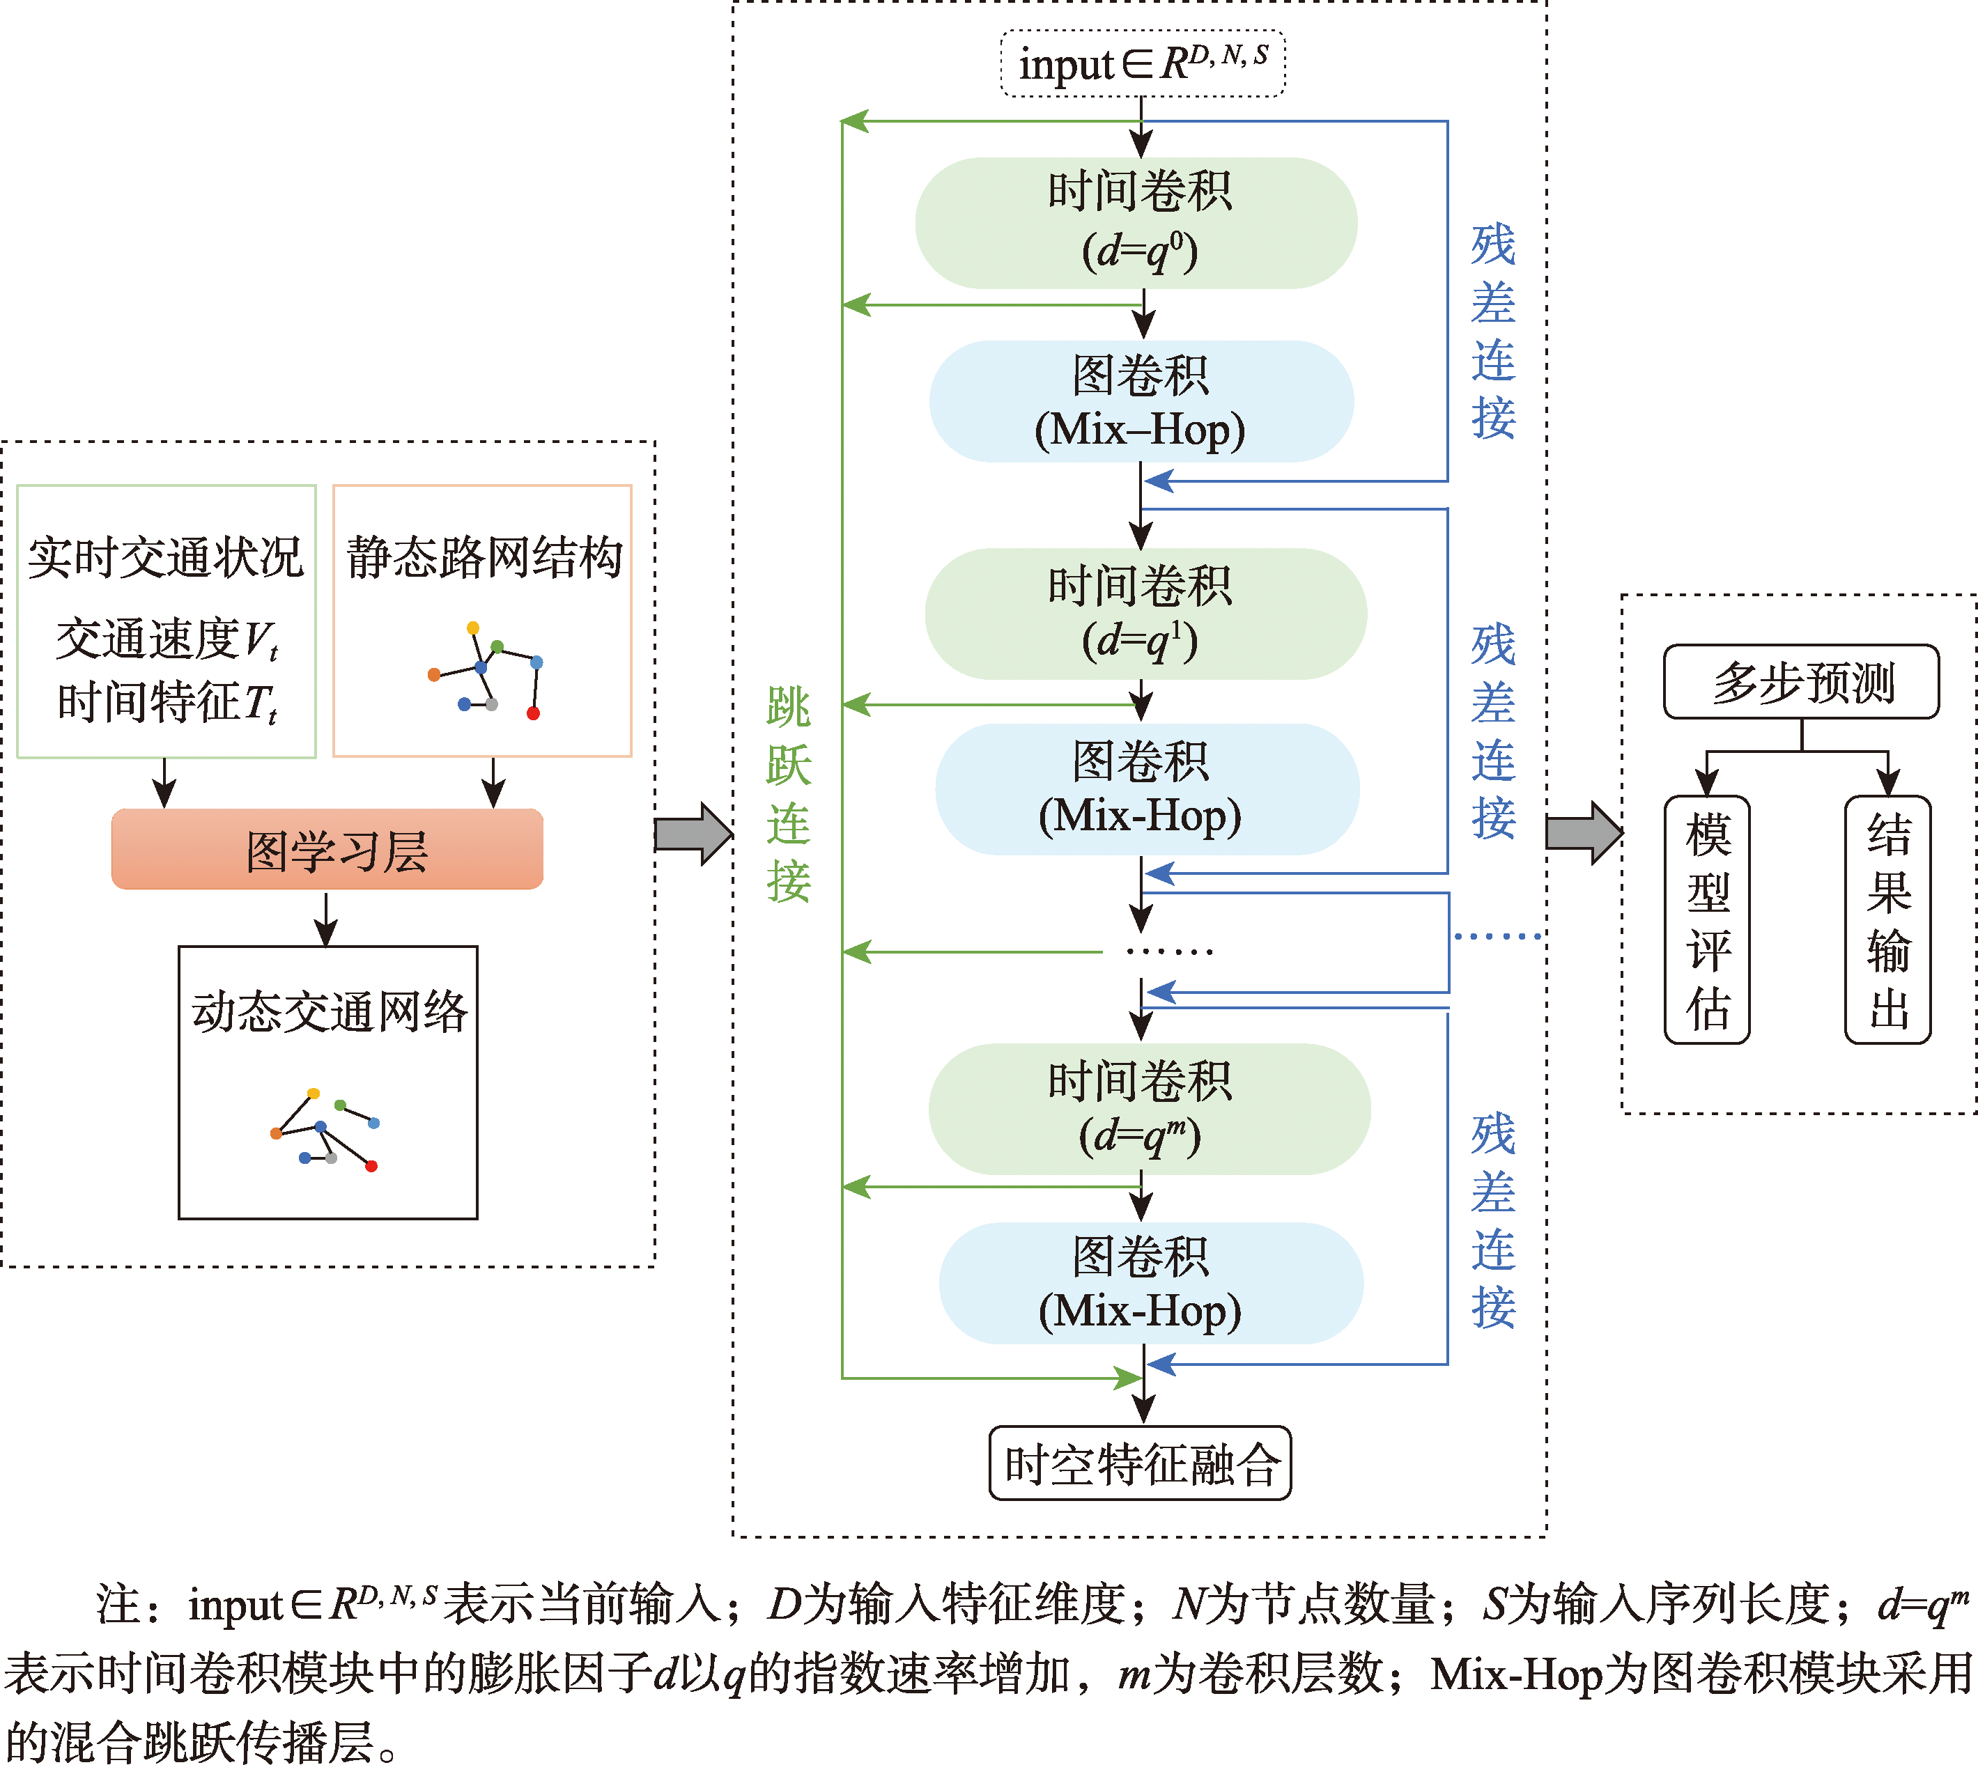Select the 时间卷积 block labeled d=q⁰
coord(1136,223)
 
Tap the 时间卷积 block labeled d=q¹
coord(1145,614)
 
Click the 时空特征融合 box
coord(1140,1463)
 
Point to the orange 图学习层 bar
coord(327,850)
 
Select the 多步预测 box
coord(1802,682)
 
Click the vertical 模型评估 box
coord(1708,919)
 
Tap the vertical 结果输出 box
coord(1888,919)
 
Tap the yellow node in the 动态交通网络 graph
coord(314,1093)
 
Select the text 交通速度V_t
coord(167,640)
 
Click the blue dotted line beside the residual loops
coord(1498,937)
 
